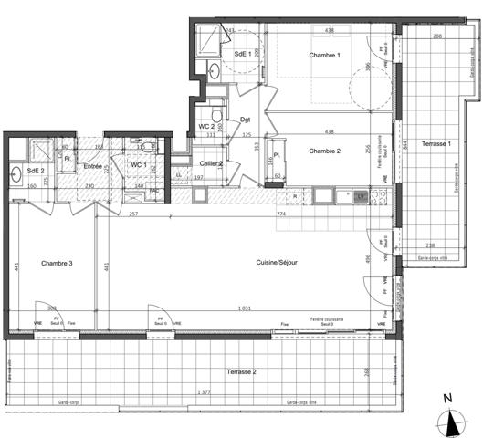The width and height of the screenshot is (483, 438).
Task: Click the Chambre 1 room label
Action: [x=324, y=56]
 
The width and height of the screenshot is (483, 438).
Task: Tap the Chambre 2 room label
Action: [x=324, y=151]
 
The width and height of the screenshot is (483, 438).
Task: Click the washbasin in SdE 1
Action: [x=214, y=69]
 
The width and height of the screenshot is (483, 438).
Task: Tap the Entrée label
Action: [x=93, y=166]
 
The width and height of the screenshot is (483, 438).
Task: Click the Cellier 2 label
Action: [x=212, y=163]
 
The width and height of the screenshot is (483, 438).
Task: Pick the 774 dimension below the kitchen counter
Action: [x=283, y=213]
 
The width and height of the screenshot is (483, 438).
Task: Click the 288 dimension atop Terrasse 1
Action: [x=437, y=36]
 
